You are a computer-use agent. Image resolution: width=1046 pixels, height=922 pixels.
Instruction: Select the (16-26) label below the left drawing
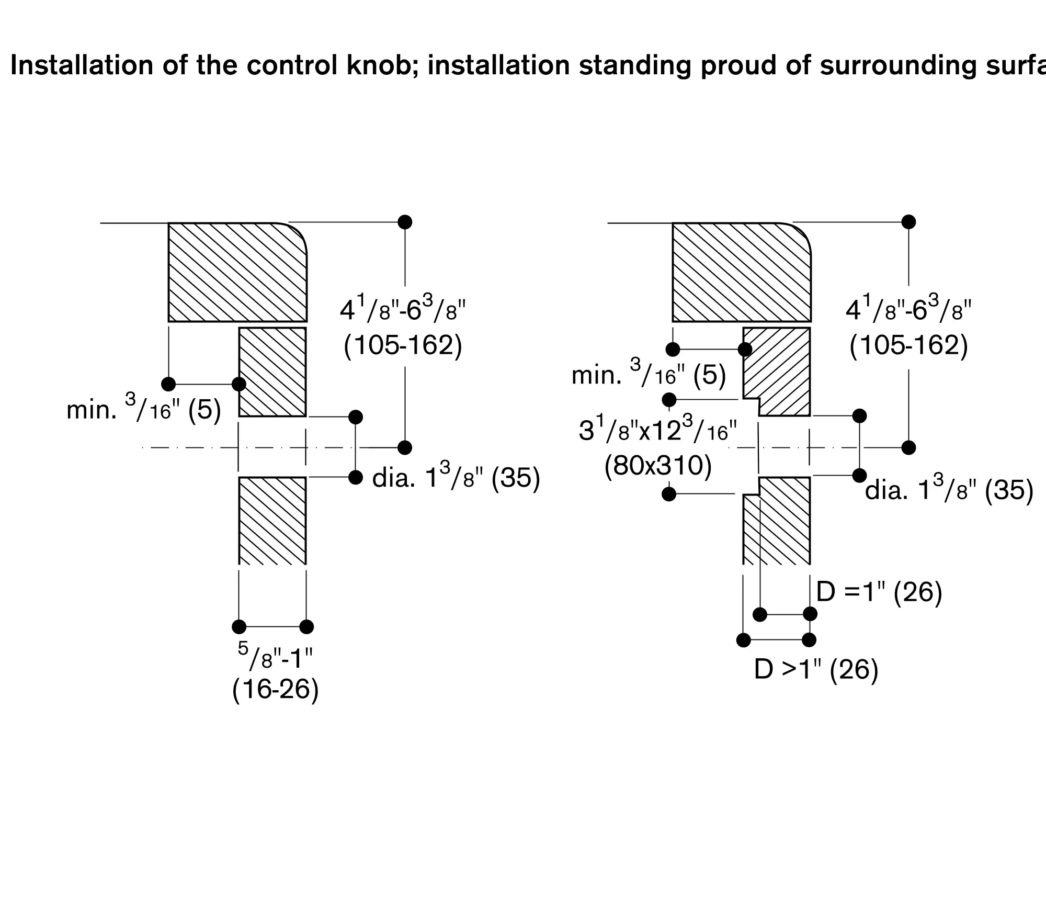(275, 689)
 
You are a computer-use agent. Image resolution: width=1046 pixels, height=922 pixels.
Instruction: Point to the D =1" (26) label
(879, 592)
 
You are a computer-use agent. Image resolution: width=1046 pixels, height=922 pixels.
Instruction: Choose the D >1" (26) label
(816, 669)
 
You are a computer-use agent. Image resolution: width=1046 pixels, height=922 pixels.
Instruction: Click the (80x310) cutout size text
(658, 465)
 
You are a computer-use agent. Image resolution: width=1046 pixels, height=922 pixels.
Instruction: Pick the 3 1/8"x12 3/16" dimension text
(658, 430)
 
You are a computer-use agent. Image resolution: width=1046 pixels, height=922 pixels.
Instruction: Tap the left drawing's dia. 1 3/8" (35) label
(456, 477)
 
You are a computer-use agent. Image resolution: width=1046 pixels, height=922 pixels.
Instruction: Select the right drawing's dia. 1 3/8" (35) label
(949, 490)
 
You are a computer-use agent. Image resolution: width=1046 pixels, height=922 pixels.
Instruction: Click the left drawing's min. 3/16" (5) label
(144, 410)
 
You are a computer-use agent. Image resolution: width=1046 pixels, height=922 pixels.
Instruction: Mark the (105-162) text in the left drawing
(403, 345)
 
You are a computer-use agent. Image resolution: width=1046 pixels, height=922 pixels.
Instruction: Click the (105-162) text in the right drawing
(908, 345)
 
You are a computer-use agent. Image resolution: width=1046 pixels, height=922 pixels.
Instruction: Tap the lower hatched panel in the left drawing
(272, 521)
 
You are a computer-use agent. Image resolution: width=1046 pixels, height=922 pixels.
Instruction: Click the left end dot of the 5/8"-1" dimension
(239, 626)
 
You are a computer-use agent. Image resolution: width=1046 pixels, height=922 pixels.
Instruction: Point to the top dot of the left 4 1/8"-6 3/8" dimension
(405, 222)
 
